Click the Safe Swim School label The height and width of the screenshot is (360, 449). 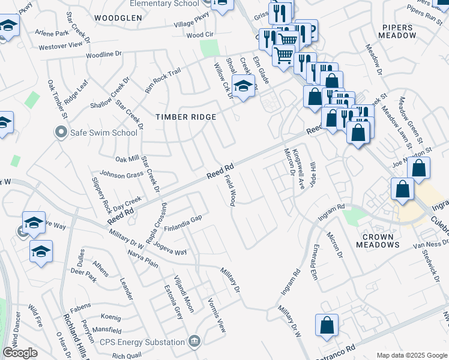tap(104, 133)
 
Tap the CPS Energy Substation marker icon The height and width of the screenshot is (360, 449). tap(194, 342)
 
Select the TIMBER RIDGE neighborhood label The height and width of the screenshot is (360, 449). tap(185, 117)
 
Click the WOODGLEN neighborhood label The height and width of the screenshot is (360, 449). tap(118, 18)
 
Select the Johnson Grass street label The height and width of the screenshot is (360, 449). tap(121, 175)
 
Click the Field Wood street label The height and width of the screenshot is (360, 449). tap(232, 190)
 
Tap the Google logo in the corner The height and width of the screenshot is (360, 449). tap(20, 353)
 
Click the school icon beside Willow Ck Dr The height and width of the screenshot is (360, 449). tap(243, 88)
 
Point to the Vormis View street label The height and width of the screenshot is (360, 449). tap(217, 316)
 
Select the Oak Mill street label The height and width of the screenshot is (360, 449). tap(127, 159)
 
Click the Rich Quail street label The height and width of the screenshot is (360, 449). tap(126, 356)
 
